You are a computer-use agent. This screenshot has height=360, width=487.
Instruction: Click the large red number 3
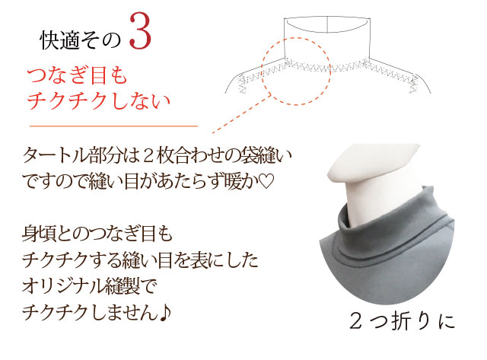[140, 32]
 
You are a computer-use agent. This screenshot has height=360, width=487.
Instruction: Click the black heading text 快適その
[80, 40]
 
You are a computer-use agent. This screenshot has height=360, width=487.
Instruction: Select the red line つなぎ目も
[78, 75]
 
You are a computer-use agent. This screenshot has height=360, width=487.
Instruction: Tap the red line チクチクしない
[99, 100]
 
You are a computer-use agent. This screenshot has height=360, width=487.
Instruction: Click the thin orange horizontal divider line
[113, 126]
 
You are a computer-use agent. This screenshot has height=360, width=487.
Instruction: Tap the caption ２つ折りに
[402, 321]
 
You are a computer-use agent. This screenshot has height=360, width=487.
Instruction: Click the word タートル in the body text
[55, 155]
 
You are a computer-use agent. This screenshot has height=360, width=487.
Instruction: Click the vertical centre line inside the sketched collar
[328, 24]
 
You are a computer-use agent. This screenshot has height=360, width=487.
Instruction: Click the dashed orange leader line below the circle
[242, 114]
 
